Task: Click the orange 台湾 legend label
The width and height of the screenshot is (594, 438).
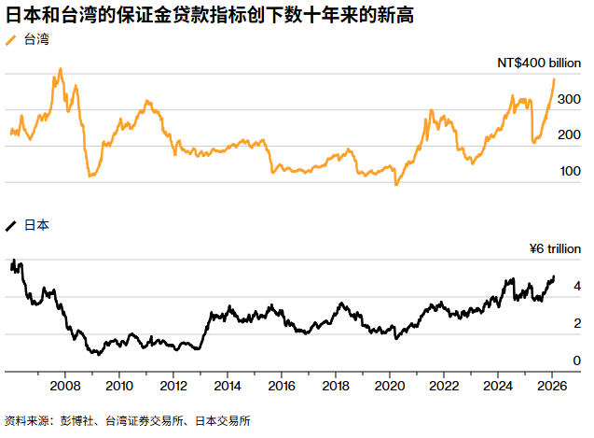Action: coord(36,39)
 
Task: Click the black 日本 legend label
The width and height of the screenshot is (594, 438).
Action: coord(36,225)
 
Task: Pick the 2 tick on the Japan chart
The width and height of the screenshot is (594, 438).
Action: coord(577,323)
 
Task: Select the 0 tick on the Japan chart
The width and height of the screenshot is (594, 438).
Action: coord(577,360)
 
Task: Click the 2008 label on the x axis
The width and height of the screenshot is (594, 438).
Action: coord(64,386)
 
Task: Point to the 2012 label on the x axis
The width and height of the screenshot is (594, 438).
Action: coord(173,386)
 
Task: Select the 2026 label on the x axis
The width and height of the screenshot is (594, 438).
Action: coord(551,386)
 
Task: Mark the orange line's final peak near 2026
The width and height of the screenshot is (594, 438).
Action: coord(554,78)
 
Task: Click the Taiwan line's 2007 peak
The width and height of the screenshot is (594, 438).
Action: coord(61,69)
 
